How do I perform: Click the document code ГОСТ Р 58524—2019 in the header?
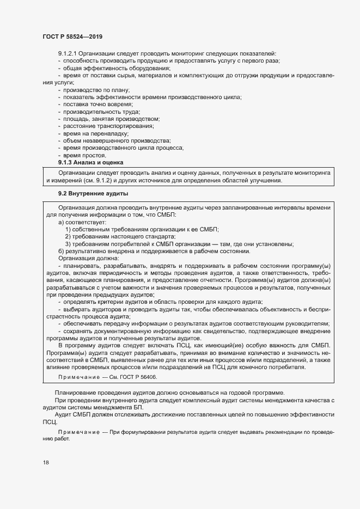tap(72, 36)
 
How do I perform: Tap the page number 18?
tap(45, 462)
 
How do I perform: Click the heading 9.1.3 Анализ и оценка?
tap(90, 162)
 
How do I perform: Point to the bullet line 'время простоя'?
tap(84, 155)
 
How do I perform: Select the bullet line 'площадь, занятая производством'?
tap(111, 119)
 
